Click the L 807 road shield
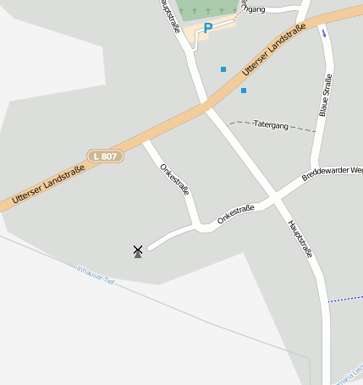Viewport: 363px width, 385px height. coord(106,157)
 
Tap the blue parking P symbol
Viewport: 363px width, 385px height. coord(207,29)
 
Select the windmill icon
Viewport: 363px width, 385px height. coord(137,251)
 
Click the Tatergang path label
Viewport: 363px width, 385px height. coord(271,124)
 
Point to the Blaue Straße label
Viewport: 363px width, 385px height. coord(325,96)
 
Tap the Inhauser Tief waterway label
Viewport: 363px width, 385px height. coord(95,274)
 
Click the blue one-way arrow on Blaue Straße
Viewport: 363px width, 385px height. coord(323,33)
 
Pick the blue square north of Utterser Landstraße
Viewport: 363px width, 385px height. coord(223,69)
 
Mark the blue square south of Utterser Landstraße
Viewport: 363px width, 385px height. coord(244,91)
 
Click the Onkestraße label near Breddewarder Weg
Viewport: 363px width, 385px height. coord(236,213)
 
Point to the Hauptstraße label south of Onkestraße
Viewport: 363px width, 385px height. coord(301,239)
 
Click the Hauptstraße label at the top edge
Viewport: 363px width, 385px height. coord(168,15)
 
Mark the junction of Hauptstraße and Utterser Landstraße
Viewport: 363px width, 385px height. coord(206,105)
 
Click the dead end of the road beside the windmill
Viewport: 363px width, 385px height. coord(150,248)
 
